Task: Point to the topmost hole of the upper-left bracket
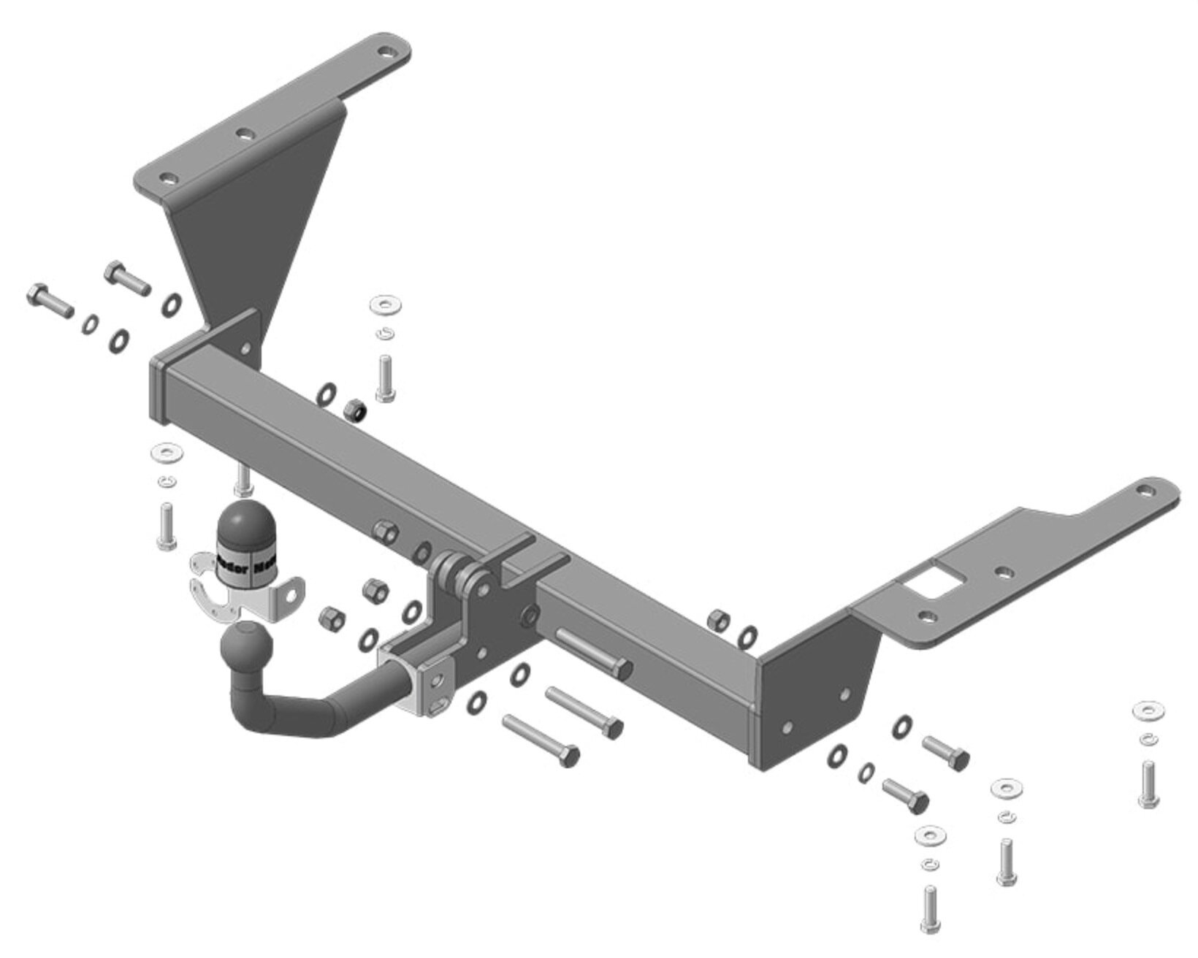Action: [x=385, y=53]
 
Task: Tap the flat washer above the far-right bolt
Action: [x=1148, y=710]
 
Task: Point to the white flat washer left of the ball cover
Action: [x=167, y=453]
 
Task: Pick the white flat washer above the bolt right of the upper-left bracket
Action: [x=385, y=304]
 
